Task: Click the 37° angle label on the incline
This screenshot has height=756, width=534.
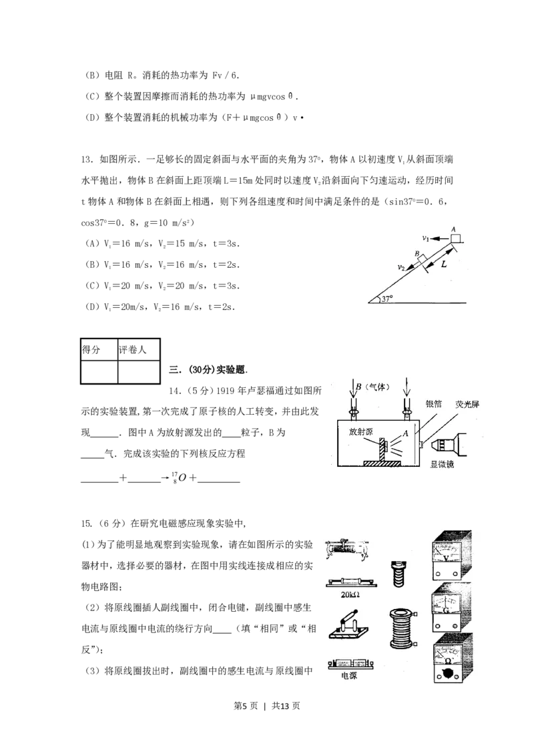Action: point(387,299)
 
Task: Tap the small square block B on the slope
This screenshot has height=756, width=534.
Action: point(422,260)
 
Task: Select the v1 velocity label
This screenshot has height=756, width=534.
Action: point(426,238)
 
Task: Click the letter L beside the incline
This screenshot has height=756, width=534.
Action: point(443,264)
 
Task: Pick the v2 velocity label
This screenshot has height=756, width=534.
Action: point(401,268)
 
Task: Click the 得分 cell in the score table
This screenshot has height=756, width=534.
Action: point(91,349)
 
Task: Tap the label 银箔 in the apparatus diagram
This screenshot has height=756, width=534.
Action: point(434,403)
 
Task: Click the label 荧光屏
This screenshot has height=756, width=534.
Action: point(467,404)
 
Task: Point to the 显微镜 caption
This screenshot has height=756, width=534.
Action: point(442,464)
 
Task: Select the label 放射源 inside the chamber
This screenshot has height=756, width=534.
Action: point(361,432)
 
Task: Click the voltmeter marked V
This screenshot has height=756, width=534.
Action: point(451,556)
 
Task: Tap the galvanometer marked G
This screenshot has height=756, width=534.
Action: point(451,608)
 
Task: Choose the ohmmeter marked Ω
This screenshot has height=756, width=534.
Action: point(452,659)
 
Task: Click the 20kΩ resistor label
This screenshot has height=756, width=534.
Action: point(350,594)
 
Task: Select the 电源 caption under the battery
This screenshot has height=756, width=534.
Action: point(349,675)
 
